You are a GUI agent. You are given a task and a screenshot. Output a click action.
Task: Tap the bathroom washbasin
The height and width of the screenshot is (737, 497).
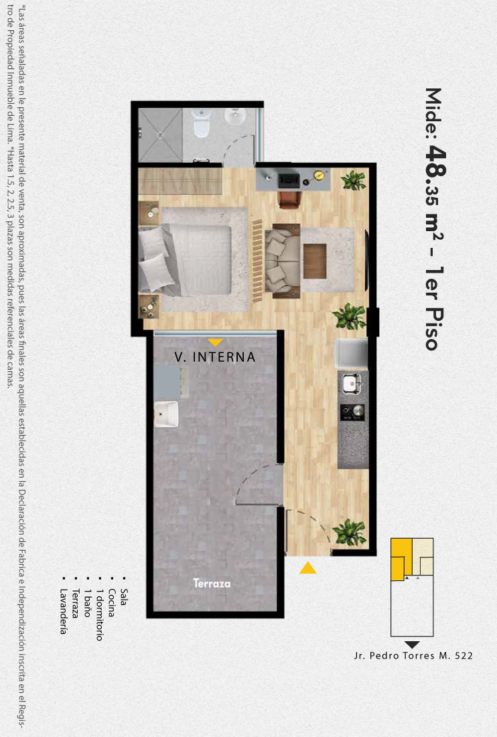tap(234, 116)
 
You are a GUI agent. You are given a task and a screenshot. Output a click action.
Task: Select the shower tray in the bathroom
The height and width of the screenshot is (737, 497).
tap(160, 135)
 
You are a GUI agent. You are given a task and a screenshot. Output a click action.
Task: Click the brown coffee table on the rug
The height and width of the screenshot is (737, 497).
tap(315, 261)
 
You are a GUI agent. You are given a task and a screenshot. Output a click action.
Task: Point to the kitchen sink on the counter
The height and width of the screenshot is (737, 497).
tap(352, 383)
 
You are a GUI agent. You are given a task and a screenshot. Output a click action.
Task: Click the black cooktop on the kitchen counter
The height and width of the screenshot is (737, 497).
tap(353, 412)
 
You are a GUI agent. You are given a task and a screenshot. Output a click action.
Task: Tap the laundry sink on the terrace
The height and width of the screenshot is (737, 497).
tap(166, 413)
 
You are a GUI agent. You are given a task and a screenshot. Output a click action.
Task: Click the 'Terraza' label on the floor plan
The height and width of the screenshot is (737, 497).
tap(212, 584)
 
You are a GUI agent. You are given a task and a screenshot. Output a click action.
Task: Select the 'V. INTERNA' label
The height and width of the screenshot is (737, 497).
tap(215, 357)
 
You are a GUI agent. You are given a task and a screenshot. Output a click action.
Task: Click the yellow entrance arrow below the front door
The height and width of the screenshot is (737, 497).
tap(308, 567)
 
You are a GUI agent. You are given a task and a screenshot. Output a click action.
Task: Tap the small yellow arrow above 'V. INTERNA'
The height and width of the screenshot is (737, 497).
tap(215, 342)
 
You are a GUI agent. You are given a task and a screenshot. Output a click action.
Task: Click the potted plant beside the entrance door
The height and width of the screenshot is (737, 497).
tap(350, 532)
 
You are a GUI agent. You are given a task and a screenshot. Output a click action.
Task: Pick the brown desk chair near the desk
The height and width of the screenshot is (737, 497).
tap(289, 199)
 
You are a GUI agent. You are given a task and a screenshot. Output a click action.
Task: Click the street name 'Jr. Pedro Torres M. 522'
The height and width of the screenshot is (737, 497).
tap(413, 656)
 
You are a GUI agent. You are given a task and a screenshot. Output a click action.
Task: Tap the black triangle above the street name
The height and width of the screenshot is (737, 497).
tap(412, 645)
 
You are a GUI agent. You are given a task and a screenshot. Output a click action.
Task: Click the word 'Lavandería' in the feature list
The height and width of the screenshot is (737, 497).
tap(64, 611)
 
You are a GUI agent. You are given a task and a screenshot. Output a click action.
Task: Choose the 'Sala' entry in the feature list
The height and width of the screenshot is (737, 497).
tap(123, 597)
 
